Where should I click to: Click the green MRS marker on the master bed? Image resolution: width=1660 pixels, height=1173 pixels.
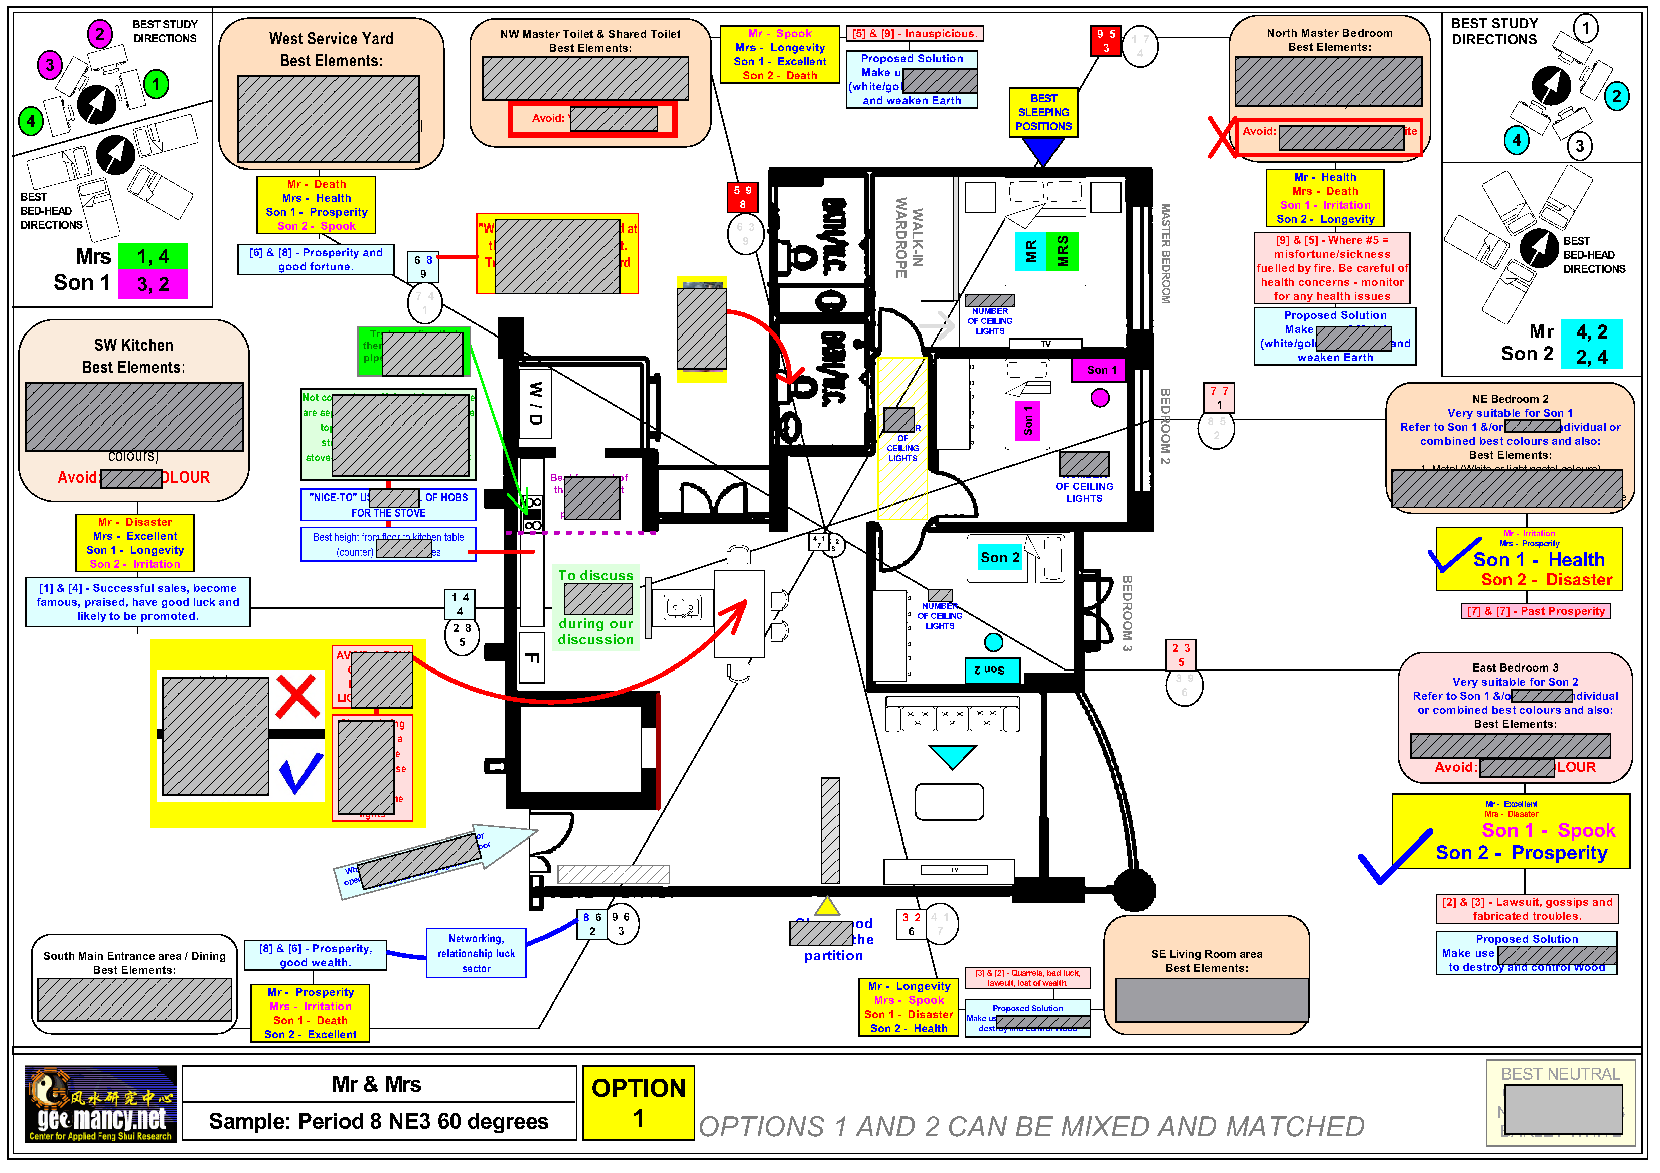(1062, 251)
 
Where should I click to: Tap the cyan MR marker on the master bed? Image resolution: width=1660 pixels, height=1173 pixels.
(1030, 251)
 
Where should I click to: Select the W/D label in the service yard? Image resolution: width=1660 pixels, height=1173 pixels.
(536, 403)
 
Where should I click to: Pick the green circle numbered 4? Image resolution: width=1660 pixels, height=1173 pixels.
(31, 121)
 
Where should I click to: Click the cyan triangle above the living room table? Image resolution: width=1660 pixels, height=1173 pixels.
(952, 756)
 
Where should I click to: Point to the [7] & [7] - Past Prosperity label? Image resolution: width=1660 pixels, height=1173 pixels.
(1536, 611)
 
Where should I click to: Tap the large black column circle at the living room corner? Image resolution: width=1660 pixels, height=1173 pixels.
(1134, 890)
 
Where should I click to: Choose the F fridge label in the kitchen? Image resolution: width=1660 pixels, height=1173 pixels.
(531, 657)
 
